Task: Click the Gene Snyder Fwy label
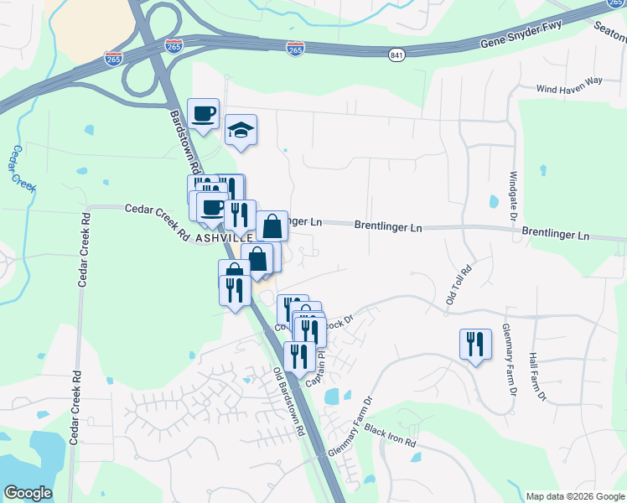(522, 39)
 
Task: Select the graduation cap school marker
(241, 131)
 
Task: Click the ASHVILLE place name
(225, 238)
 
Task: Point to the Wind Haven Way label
(570, 83)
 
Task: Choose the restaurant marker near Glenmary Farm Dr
(475, 345)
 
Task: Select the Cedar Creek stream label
(22, 168)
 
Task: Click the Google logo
(28, 492)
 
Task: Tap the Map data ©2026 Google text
(573, 496)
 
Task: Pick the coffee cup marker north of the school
(202, 115)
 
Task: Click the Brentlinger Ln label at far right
(555, 234)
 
